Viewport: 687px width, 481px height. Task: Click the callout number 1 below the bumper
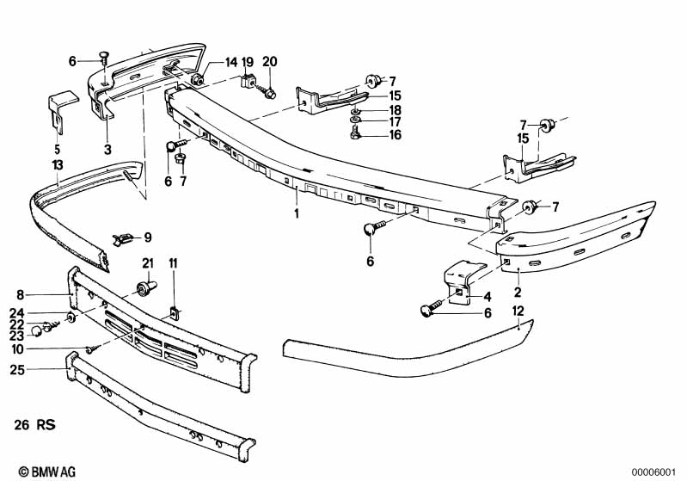[x=297, y=213]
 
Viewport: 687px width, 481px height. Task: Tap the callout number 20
[x=270, y=62]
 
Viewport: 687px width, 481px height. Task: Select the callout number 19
[x=248, y=62]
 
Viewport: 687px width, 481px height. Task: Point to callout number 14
[x=231, y=62]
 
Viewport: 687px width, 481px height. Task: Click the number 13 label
[x=58, y=165]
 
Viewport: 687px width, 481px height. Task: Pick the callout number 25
[x=17, y=370]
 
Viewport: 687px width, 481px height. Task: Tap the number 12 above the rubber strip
[x=518, y=311]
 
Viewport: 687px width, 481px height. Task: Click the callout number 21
[x=148, y=263]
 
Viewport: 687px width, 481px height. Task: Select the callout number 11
[x=173, y=263]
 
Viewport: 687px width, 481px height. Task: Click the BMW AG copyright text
[x=47, y=472]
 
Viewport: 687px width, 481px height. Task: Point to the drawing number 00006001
[x=653, y=472]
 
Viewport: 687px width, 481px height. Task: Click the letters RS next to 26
[x=46, y=425]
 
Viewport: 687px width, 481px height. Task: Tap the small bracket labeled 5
[x=60, y=112]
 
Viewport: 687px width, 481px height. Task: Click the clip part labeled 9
[x=122, y=240]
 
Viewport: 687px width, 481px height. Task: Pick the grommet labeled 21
[x=146, y=289]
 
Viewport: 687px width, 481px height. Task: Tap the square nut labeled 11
[x=175, y=313]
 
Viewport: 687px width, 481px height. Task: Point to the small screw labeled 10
[x=93, y=349]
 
